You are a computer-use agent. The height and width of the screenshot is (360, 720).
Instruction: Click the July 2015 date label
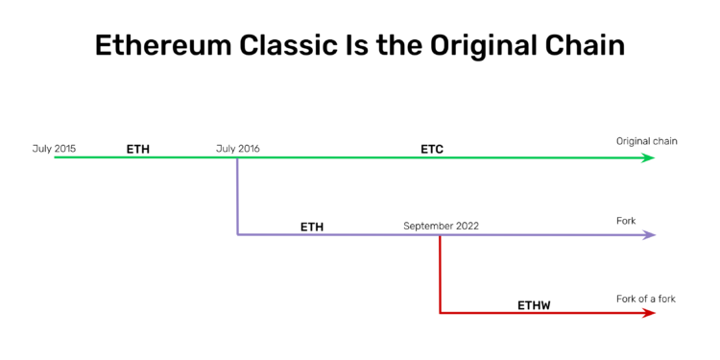(x=54, y=149)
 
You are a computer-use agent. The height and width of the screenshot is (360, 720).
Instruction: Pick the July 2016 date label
(x=237, y=149)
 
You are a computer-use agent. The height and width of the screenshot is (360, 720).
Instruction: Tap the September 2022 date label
(x=441, y=227)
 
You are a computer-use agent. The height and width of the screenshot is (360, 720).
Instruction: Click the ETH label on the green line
(x=138, y=150)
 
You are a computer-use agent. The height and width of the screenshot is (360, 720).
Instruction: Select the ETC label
(x=432, y=150)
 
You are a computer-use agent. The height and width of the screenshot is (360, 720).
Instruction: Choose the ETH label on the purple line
(x=312, y=228)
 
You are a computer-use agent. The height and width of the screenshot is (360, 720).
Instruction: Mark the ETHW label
(x=534, y=305)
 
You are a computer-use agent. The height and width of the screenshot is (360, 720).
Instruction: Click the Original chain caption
(x=646, y=142)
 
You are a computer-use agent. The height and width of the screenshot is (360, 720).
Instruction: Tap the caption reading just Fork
(x=626, y=221)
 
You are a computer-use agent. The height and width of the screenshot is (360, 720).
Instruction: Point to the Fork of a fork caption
(x=645, y=299)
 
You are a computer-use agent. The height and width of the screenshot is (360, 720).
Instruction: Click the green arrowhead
(x=650, y=157)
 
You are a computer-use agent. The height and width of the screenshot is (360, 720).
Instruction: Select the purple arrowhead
(x=650, y=235)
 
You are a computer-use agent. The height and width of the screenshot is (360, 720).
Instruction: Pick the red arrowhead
(x=650, y=313)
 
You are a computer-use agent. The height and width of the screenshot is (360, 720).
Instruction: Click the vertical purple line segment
(x=237, y=197)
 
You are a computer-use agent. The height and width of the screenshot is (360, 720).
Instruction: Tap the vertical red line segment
(x=440, y=275)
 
